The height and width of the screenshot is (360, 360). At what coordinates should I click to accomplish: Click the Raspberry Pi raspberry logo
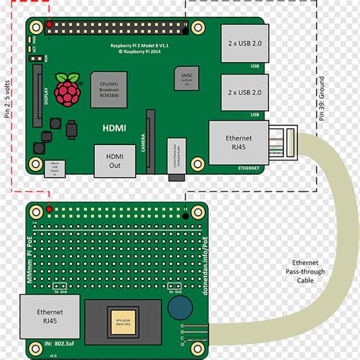pyautogui.click(x=68, y=90)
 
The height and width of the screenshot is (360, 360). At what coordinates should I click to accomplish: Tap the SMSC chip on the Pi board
pyautogui.click(x=185, y=80)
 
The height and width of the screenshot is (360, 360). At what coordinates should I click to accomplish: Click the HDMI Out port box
pyautogui.click(x=110, y=159)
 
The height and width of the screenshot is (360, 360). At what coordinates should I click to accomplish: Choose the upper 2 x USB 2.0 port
pyautogui.click(x=245, y=45)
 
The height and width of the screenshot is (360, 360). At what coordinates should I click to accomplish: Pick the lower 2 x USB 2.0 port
pyautogui.click(x=245, y=93)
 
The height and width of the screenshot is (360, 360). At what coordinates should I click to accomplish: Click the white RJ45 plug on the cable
pyautogui.click(x=283, y=142)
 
